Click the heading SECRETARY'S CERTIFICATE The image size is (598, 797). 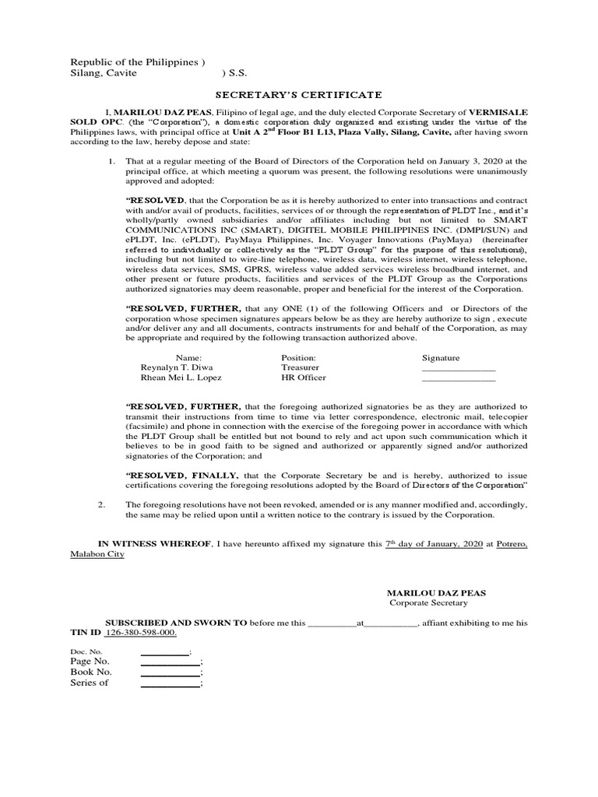tap(298, 95)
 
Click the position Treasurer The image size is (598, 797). tap(300, 367)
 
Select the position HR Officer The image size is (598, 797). tap(303, 377)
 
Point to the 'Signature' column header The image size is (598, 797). tap(441, 357)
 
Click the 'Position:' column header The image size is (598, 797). tap(298, 357)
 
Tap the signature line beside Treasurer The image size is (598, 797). tap(458, 370)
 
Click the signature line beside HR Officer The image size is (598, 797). tap(458, 381)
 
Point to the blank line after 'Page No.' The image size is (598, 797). tap(170, 665)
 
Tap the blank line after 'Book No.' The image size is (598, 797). tap(170, 676)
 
